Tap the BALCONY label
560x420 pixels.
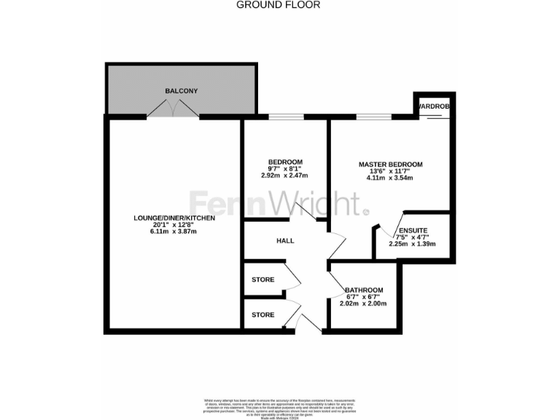(x=181, y=90)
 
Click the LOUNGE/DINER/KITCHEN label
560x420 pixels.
(x=174, y=218)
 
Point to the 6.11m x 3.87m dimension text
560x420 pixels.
(x=174, y=231)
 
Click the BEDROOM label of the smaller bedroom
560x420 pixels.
(x=285, y=162)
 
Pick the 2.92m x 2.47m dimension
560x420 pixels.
(x=285, y=176)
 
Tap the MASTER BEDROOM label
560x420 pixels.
(x=390, y=164)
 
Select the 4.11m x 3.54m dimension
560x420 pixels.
(x=390, y=178)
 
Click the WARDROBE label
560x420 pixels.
(x=434, y=106)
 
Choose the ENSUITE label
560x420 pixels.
(x=412, y=230)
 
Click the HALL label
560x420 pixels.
(x=285, y=240)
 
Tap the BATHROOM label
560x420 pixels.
(x=364, y=290)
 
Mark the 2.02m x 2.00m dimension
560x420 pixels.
(x=365, y=303)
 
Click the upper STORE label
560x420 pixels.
(x=262, y=280)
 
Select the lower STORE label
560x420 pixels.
(x=262, y=315)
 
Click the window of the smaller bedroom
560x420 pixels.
(x=285, y=116)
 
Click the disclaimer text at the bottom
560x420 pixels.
(x=279, y=407)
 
